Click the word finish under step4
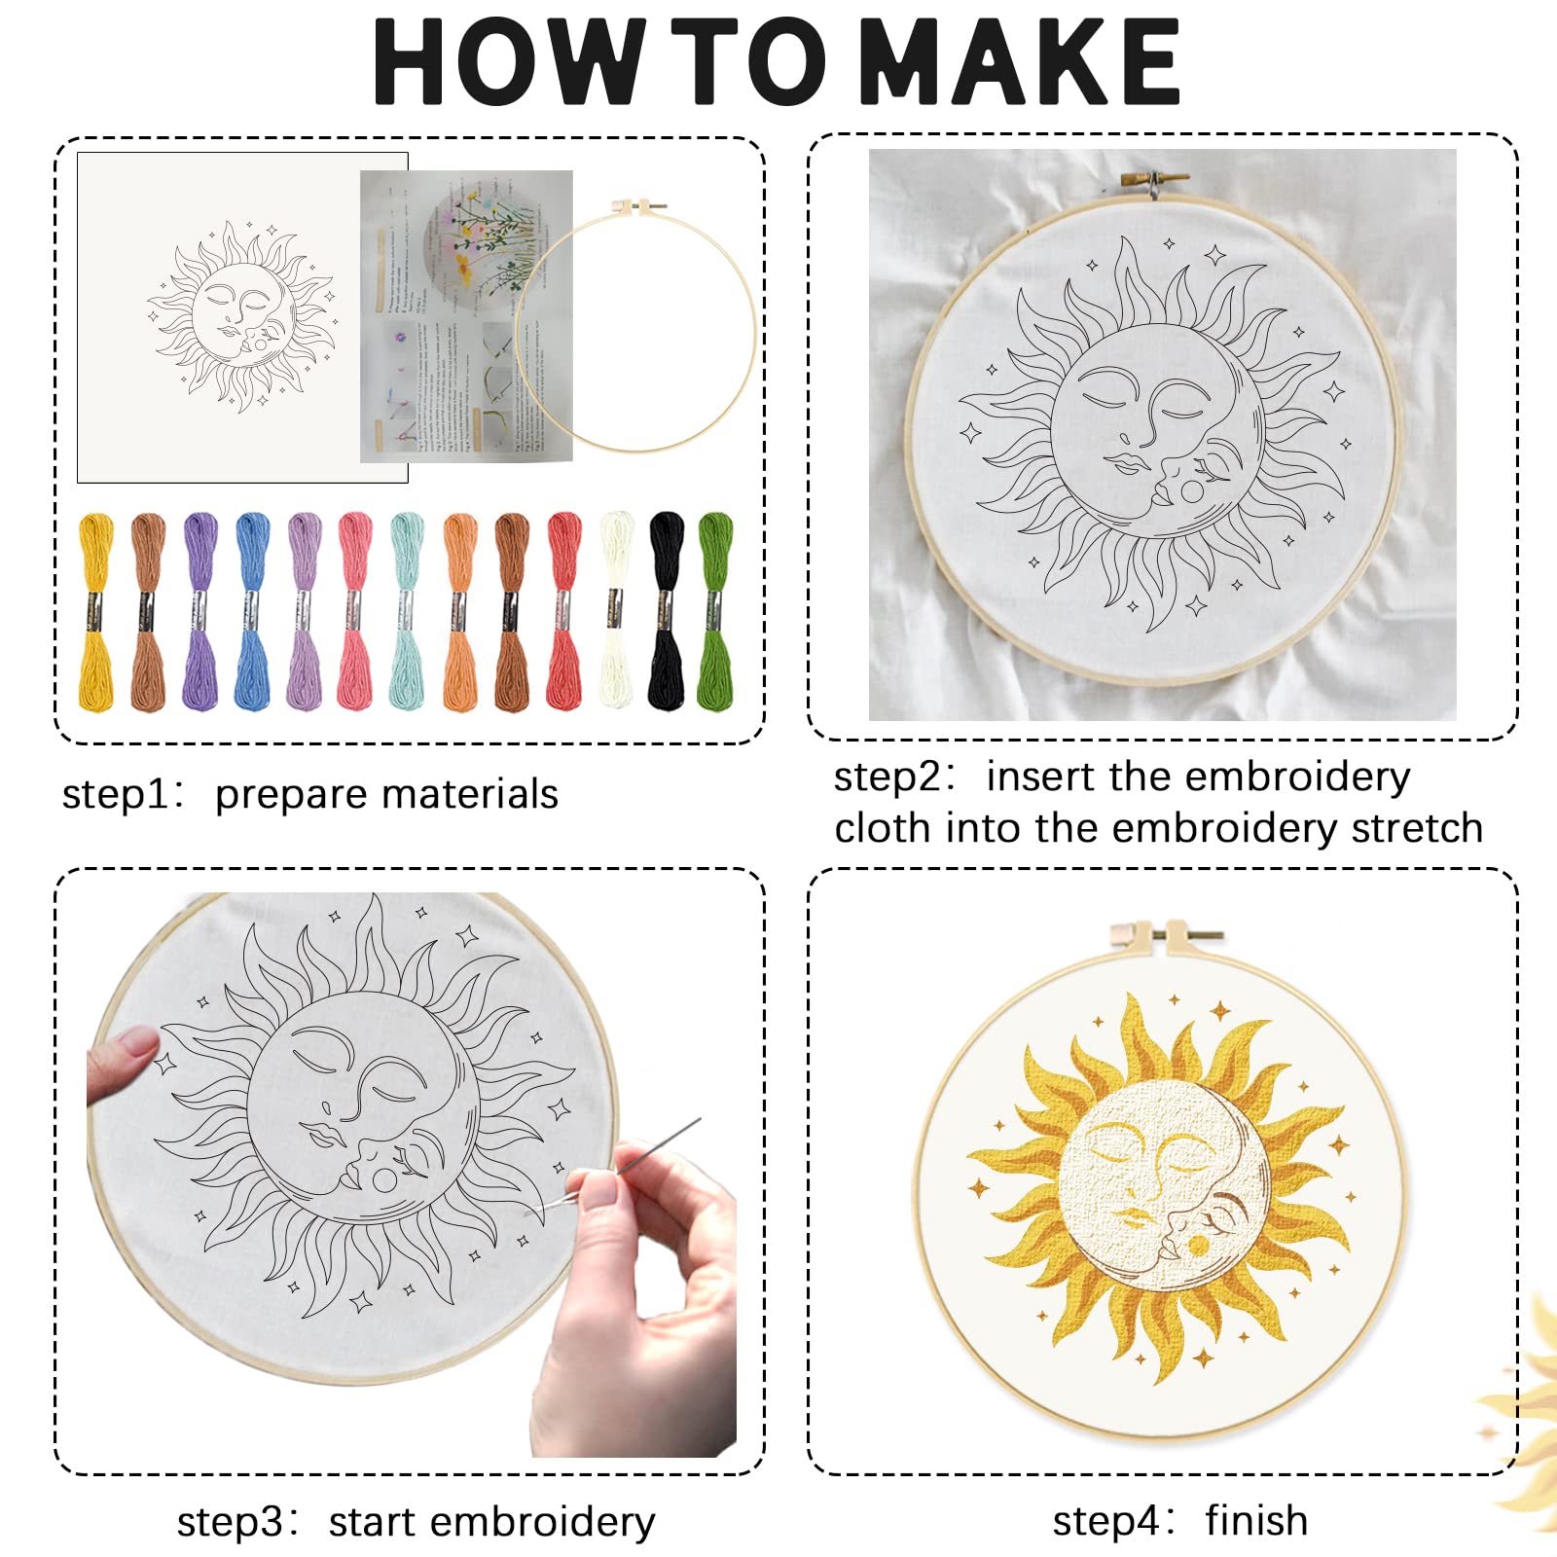tap(1256, 1520)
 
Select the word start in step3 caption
tap(372, 1522)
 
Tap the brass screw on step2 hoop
tap(1155, 181)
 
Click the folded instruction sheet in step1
tap(465, 316)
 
